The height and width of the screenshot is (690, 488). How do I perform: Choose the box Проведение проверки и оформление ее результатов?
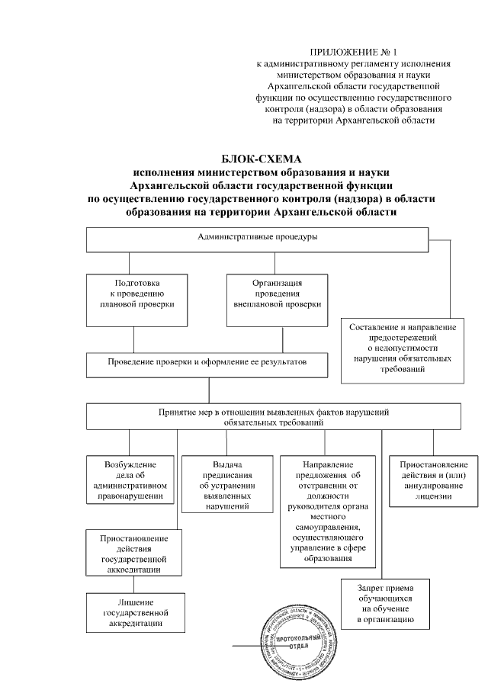pyautogui.click(x=207, y=364)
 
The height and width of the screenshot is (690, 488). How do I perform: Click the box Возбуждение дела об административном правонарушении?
pyautogui.click(x=130, y=480)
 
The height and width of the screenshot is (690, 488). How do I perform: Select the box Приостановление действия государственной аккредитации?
pyautogui.click(x=134, y=552)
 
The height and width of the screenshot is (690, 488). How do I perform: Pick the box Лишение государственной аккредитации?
pyautogui.click(x=134, y=612)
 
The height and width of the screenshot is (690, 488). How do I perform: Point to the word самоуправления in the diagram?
pyautogui.click(x=327, y=527)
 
